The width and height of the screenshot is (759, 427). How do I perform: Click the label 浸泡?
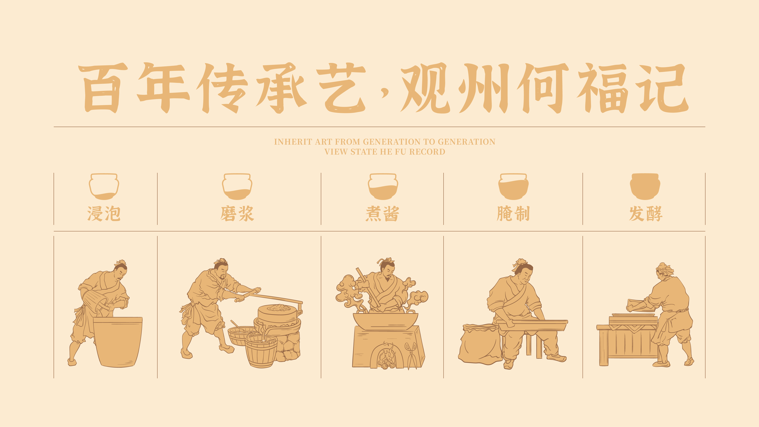click(104, 214)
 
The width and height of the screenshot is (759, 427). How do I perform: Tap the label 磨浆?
click(237, 214)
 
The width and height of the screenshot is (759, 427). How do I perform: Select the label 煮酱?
click(382, 214)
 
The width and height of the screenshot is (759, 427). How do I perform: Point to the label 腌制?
click(513, 214)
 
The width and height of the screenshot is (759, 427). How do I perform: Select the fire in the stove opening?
click(387, 357)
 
